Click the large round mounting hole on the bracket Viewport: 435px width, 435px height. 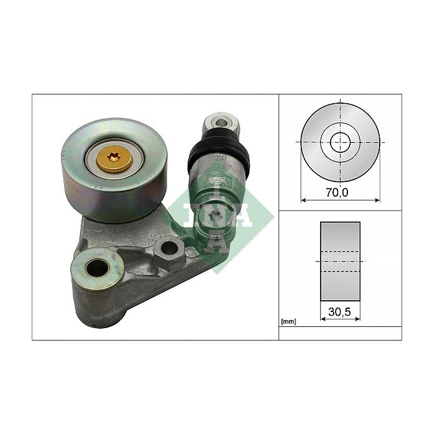[x=97, y=268]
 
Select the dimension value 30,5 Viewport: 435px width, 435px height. [x=340, y=314]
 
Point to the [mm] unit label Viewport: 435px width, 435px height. [x=288, y=322]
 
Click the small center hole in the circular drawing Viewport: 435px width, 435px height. [x=340, y=142]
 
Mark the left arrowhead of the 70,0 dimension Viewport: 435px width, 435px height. [x=303, y=200]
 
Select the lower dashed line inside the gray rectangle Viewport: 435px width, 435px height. [x=340, y=272]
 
